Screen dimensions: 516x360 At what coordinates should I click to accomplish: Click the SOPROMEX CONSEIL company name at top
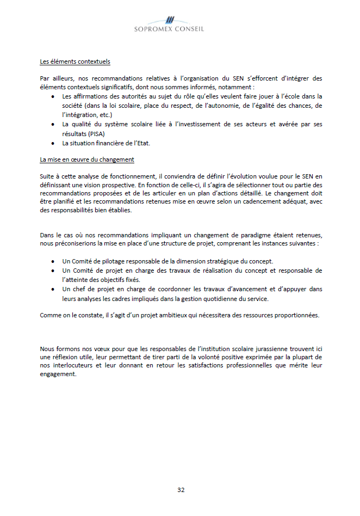click(169, 29)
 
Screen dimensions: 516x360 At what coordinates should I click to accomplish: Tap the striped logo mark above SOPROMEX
click(169, 20)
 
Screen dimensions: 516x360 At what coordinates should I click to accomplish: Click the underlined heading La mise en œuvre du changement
click(87, 159)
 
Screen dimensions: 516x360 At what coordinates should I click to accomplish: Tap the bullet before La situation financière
click(52, 143)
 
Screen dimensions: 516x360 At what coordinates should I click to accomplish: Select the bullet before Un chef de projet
click(52, 289)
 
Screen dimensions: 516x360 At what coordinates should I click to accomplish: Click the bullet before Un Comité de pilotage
click(52, 261)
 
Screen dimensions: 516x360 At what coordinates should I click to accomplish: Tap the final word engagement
click(58, 374)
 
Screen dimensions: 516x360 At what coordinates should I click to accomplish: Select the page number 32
click(181, 490)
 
